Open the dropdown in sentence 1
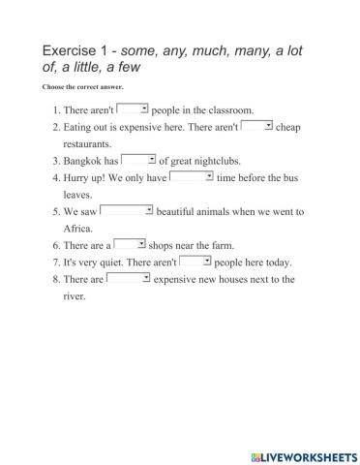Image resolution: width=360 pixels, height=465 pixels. [x=132, y=109]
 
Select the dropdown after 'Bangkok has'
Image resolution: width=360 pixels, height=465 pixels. [x=139, y=160]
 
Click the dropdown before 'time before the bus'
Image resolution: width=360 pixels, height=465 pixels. [x=192, y=176]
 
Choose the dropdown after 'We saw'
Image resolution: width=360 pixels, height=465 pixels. [x=127, y=210]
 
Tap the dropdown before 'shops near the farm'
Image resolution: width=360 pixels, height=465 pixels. [x=130, y=244]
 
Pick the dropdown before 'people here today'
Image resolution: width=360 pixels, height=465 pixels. [x=195, y=261]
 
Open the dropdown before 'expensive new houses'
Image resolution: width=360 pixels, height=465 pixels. [x=128, y=278]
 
